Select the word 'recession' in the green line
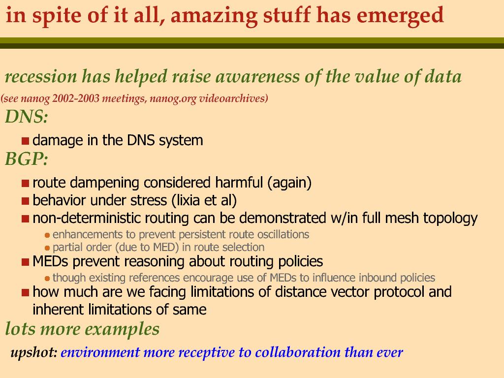[x=41, y=76]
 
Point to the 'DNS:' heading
[x=27, y=116]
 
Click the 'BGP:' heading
[x=27, y=158]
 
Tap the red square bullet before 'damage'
[x=26, y=141]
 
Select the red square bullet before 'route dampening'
[x=26, y=183]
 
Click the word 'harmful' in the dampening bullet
[x=239, y=182]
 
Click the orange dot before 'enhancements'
[x=47, y=235]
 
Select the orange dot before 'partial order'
[x=47, y=248]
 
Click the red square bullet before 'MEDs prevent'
[x=26, y=262]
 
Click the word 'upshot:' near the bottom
[x=34, y=352]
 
